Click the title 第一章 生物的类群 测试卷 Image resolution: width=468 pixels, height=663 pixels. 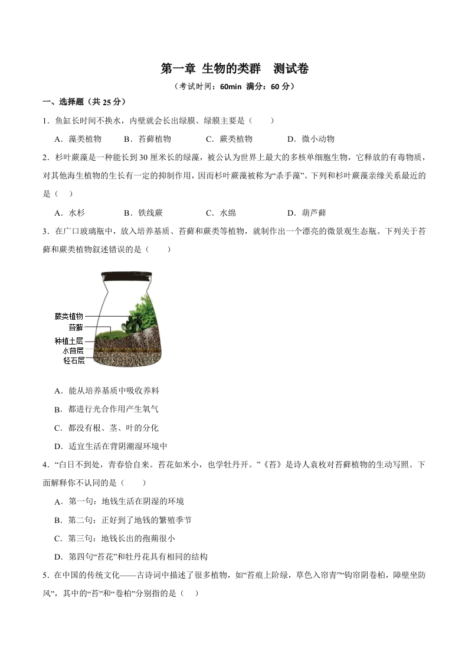pyautogui.click(x=234, y=69)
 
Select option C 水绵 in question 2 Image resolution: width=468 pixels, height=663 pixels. pyautogui.click(x=221, y=213)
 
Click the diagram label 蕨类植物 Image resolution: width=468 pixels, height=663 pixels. pyautogui.click(x=69, y=316)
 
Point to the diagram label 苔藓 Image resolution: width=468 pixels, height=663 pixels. pyautogui.click(x=76, y=327)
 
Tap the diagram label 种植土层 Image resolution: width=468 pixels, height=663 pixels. pyautogui.click(x=69, y=341)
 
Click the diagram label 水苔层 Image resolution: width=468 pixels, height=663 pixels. pyautogui.click(x=73, y=350)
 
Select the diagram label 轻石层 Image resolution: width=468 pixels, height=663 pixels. pyautogui.click(x=74, y=360)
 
